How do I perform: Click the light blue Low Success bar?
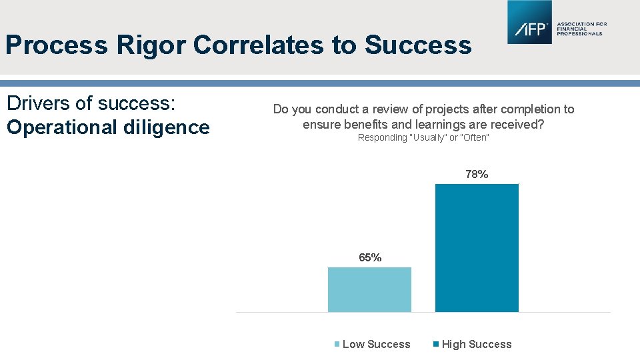pyautogui.click(x=369, y=289)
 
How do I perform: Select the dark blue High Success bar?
pyautogui.click(x=477, y=247)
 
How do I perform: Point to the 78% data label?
pyautogui.click(x=477, y=175)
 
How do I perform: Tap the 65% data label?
pyautogui.click(x=370, y=258)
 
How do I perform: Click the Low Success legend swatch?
pyautogui.click(x=337, y=345)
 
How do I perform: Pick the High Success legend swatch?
pyautogui.click(x=436, y=345)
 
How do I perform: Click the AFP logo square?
pyautogui.click(x=529, y=23)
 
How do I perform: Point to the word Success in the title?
pyautogui.click(x=418, y=45)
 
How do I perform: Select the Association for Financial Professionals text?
pyautogui.click(x=581, y=29)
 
